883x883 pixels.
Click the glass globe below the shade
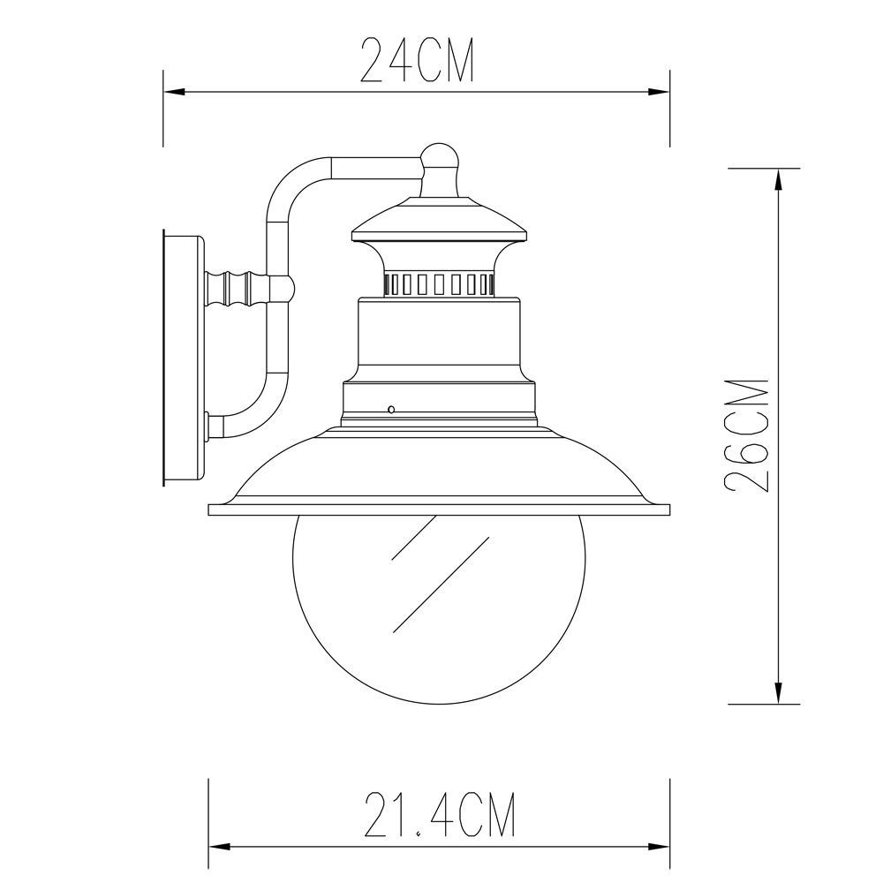tap(439, 609)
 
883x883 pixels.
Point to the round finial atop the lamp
tap(440, 158)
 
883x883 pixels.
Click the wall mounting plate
tap(184, 358)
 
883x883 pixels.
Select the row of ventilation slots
tap(439, 283)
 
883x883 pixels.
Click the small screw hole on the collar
tap(390, 409)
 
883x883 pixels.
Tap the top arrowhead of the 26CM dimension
tap(777, 177)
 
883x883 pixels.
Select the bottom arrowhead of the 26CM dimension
tap(777, 694)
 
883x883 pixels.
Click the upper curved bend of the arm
tap(291, 180)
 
